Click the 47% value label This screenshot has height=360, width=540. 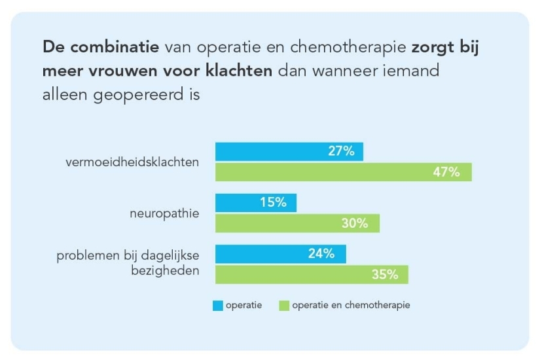(446, 173)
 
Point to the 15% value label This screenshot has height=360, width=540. (273, 203)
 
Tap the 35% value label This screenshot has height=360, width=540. (385, 275)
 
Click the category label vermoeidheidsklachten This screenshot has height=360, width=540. (132, 162)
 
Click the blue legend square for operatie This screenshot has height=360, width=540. (217, 305)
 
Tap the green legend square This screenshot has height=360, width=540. (284, 305)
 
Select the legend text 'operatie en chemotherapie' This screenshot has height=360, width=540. (351, 305)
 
